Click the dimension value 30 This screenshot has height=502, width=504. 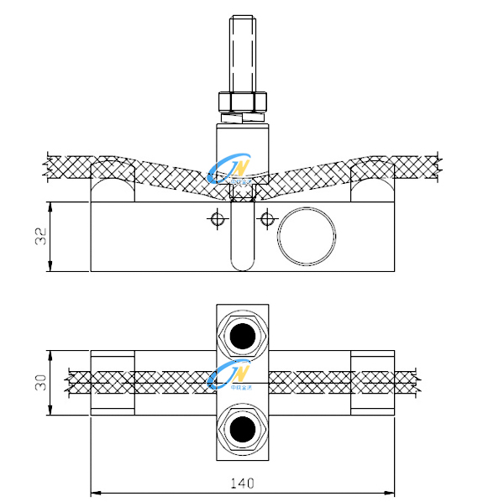(x=39, y=383)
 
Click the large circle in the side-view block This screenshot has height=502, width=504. (x=306, y=236)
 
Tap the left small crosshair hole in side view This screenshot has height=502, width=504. (x=217, y=220)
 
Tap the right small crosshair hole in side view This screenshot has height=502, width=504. (x=267, y=220)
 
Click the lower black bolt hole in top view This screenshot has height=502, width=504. (x=243, y=431)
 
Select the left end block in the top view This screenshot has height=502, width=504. (x=113, y=383)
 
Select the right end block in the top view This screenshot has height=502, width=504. (x=371, y=383)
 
